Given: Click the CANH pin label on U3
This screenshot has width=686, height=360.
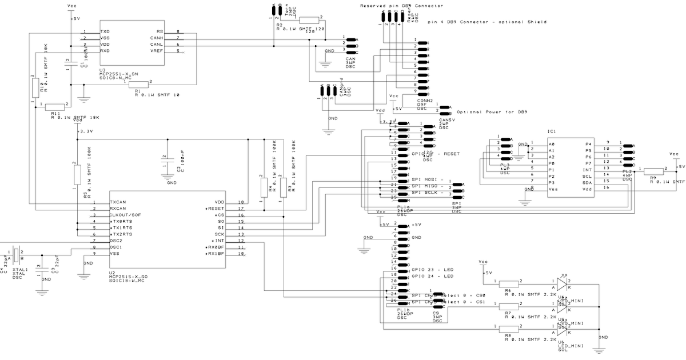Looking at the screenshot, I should click(x=156, y=38).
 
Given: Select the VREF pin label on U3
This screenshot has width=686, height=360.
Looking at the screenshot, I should click(x=156, y=51).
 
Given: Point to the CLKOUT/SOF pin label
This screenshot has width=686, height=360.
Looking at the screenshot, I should click(x=125, y=215).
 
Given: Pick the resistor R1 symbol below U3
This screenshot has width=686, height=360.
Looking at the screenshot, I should click(x=138, y=84).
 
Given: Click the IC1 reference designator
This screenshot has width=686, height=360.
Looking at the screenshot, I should click(x=552, y=131).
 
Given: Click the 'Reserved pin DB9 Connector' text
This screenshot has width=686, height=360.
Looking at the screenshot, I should click(x=401, y=6).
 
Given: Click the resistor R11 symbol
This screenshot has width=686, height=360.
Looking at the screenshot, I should click(x=55, y=107).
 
